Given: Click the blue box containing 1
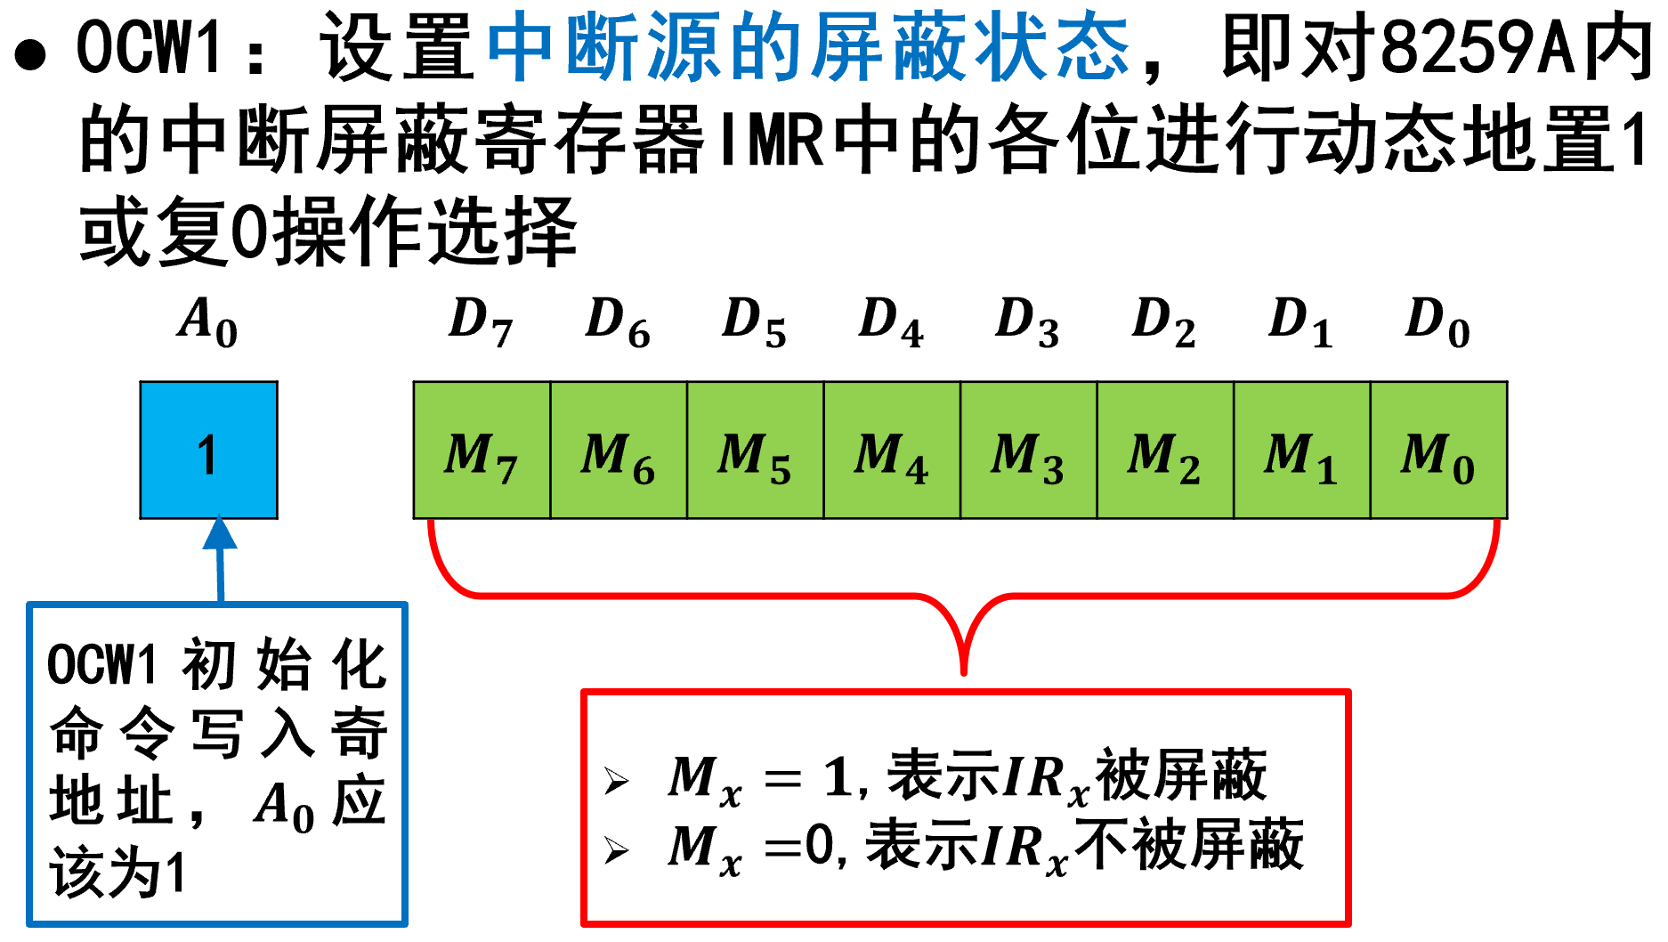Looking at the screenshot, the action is coord(208,451).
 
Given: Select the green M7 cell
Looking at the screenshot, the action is coord(482,451).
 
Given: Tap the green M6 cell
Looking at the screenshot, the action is coord(619,451).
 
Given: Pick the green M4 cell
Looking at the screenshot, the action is coord(892,451).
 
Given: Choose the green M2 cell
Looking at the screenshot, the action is coord(1165,451).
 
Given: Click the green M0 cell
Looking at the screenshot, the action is coord(1438,451).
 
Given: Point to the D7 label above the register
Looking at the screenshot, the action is coord(482,321).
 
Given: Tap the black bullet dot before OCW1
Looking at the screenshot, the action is coord(31,54).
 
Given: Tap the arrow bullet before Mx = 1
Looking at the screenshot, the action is coord(616,781).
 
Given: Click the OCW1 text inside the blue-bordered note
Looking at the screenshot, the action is coord(101,665).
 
